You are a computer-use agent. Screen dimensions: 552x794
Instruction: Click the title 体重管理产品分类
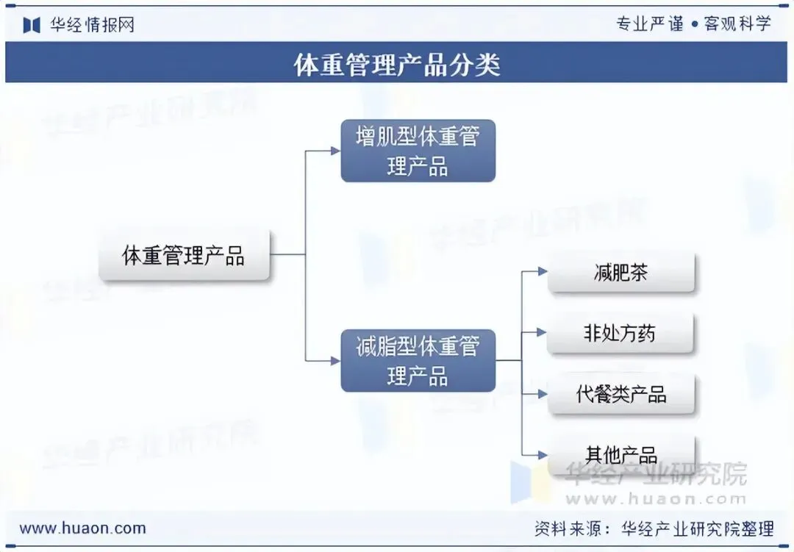(x=397, y=64)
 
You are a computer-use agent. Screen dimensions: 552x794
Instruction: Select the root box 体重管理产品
(x=184, y=256)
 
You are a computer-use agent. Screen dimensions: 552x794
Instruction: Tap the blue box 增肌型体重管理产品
(x=418, y=151)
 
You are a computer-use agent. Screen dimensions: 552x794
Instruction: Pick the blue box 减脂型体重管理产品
(x=418, y=360)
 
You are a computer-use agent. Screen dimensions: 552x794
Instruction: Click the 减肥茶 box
(x=620, y=273)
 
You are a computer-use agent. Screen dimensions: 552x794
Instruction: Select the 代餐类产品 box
(x=620, y=394)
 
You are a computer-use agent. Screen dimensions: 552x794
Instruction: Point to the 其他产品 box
(x=620, y=454)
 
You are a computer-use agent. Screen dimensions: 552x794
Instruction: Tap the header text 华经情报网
(x=92, y=25)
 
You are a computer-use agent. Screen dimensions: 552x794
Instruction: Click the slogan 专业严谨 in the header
(x=649, y=24)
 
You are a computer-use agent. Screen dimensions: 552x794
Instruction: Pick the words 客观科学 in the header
(x=737, y=24)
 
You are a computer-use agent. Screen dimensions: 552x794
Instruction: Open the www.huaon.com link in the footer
(x=82, y=528)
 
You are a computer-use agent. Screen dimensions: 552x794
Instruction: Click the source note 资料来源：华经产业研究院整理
(x=654, y=528)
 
